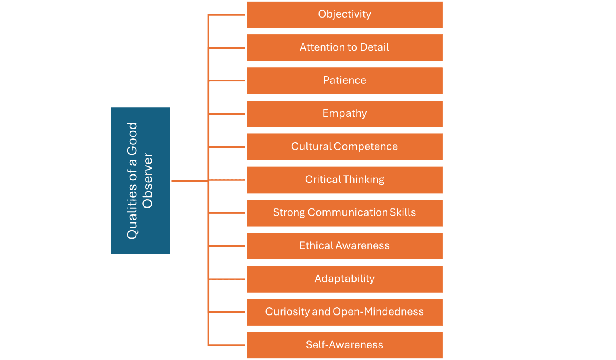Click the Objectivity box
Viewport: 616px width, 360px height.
[x=344, y=15]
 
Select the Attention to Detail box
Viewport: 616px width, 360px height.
[x=344, y=48]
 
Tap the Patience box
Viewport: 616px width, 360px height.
[x=344, y=81]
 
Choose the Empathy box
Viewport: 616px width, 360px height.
[x=344, y=114]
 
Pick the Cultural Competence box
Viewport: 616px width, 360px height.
[x=344, y=147]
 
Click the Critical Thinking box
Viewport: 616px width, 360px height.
[x=344, y=180]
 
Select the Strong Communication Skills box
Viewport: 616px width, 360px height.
[x=344, y=213]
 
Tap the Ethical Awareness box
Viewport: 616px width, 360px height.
[x=344, y=246]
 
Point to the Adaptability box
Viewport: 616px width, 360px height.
[x=344, y=279]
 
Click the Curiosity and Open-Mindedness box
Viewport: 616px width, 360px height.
[x=344, y=312]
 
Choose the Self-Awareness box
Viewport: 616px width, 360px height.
[x=344, y=345]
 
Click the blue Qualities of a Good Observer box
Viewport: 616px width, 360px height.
[x=140, y=181]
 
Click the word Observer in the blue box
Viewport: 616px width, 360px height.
[x=148, y=181]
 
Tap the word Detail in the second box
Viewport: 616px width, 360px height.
[x=374, y=47]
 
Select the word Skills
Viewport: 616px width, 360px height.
[x=403, y=212]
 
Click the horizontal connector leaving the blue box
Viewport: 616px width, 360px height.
[x=189, y=181]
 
